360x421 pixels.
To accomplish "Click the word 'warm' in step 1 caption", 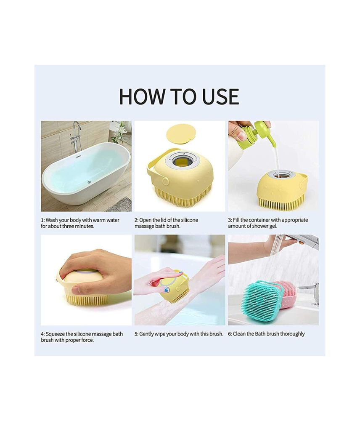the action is point(99,220).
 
